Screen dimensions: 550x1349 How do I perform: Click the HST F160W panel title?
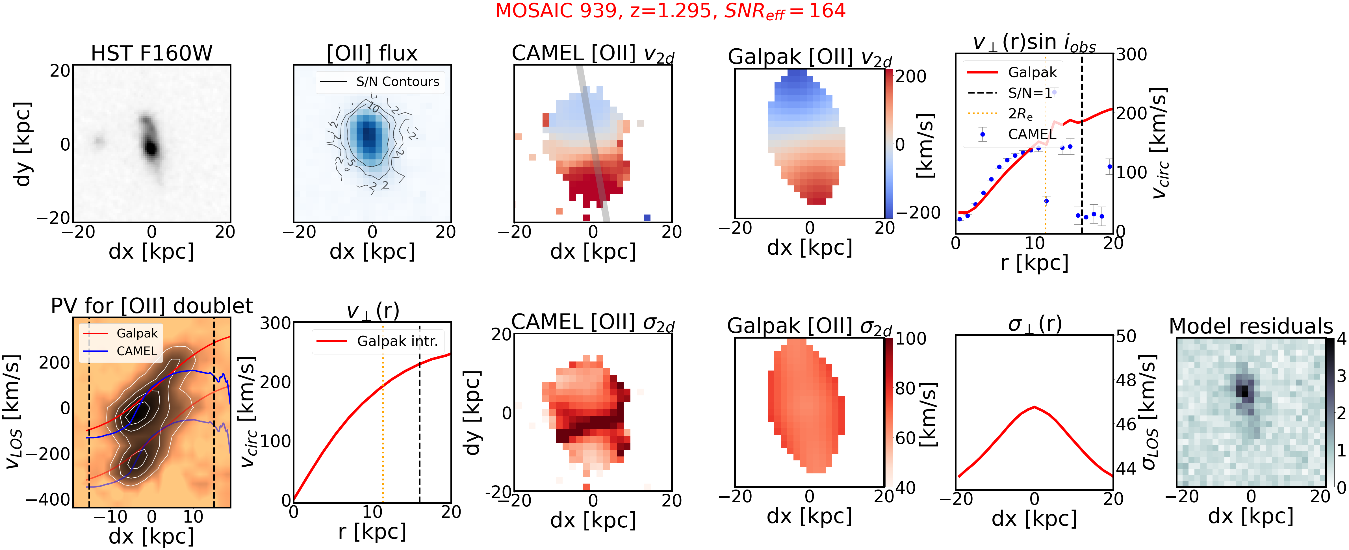(151, 53)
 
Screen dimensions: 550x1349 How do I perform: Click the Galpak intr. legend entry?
(397, 341)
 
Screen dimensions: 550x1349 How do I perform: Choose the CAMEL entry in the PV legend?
(136, 351)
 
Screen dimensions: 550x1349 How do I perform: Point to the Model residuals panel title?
(1251, 326)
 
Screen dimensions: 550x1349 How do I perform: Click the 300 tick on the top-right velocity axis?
(1131, 55)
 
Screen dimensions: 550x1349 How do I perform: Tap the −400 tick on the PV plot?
(48, 499)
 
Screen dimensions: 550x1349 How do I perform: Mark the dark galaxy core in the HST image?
(151, 148)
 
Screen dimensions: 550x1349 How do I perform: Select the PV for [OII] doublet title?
(151, 306)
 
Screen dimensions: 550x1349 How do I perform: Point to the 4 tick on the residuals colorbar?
(1341, 339)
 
